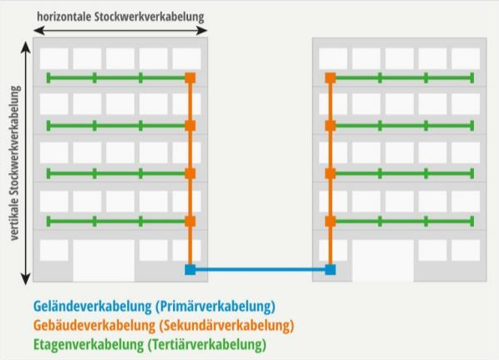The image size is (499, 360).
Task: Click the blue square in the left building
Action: (x=191, y=269)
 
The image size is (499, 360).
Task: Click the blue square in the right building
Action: (x=330, y=269)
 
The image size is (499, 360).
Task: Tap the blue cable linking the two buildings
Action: (x=260, y=270)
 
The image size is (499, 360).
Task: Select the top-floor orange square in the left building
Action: (x=191, y=78)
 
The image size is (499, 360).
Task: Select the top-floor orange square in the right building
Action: (x=330, y=78)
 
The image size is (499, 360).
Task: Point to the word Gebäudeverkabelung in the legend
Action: (x=94, y=325)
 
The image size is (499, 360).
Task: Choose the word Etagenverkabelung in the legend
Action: (x=89, y=344)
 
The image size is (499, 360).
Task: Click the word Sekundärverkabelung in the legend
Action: (x=227, y=325)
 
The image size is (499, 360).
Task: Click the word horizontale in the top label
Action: (x=64, y=17)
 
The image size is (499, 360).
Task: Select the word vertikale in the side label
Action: (x=15, y=219)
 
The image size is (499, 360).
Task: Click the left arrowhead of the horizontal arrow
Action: (x=38, y=31)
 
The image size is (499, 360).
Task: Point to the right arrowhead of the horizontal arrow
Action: (x=202, y=31)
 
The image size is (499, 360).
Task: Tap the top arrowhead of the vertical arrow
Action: (x=26, y=47)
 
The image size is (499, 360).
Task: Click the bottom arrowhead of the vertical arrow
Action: (x=26, y=279)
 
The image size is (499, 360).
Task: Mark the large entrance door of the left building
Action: (x=104, y=261)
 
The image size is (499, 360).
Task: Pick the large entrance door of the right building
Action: (x=383, y=261)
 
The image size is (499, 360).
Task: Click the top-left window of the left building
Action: (x=54, y=58)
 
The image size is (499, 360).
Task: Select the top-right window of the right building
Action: (x=466, y=58)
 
